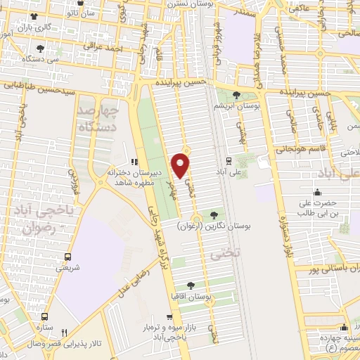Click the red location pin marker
(181, 165)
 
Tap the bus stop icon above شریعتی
(67, 257)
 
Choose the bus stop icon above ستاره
(45, 317)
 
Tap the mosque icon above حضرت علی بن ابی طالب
(317, 193)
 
